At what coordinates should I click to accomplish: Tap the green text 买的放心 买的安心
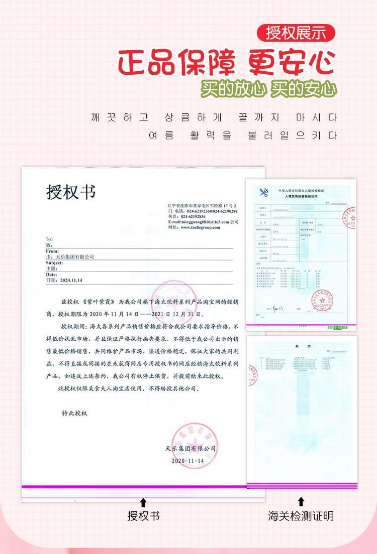269,89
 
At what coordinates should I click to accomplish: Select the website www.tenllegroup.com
200,227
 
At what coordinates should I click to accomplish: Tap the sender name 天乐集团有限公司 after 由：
75,256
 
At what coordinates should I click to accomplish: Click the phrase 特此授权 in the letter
74,413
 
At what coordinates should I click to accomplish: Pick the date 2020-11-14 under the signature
188,460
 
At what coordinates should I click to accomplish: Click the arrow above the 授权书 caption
143,502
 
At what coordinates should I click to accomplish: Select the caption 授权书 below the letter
143,515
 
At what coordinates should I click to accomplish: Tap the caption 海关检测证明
301,515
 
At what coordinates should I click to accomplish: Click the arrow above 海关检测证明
301,502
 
